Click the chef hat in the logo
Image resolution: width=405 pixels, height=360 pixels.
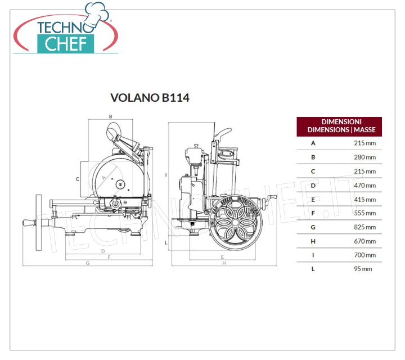click(97, 14)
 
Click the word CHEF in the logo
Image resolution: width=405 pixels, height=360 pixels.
click(66, 44)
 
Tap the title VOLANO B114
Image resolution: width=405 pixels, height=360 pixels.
click(150, 98)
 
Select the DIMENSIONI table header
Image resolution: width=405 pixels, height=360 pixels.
click(339, 127)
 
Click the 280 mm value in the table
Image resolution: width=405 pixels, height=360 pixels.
click(364, 157)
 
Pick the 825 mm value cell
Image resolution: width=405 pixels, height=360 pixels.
click(364, 227)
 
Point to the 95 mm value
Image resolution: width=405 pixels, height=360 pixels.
click(363, 269)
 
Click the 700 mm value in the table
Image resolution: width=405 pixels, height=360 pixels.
click(364, 255)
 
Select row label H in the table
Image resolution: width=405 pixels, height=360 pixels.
click(313, 241)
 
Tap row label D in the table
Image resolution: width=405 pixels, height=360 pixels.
click(313, 186)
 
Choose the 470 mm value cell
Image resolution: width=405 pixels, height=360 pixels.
click(364, 186)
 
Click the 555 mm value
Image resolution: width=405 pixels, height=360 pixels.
click(364, 213)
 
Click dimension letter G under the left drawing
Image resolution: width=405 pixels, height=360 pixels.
click(88, 263)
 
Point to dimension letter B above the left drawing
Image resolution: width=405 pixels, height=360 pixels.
click(111, 116)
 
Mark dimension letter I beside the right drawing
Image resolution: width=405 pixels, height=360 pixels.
click(166, 175)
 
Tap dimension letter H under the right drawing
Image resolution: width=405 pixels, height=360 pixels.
click(224, 263)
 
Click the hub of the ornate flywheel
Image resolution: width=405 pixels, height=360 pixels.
click(235, 222)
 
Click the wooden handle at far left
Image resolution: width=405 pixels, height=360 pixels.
click(30, 223)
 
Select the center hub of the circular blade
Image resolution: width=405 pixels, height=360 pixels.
click(120, 184)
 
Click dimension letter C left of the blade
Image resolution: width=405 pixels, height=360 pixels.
click(77, 179)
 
